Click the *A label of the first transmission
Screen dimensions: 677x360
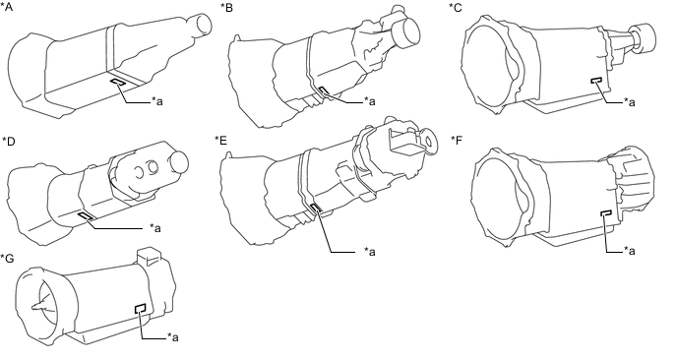point(7,7)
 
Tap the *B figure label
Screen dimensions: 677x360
point(226,8)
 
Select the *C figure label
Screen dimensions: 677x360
point(455,8)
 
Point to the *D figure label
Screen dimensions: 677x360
point(9,141)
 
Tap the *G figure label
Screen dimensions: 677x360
point(7,258)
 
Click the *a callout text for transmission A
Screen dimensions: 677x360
point(157,101)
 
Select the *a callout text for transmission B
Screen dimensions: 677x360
point(370,101)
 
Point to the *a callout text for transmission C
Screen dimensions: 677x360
point(630,102)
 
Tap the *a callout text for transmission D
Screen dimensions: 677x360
point(155,227)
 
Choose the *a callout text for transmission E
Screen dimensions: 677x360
point(370,251)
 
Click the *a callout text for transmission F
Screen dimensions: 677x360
point(630,251)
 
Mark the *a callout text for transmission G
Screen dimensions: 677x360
point(173,336)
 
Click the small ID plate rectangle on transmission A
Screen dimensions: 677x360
point(118,83)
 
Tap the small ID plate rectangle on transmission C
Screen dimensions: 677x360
point(597,81)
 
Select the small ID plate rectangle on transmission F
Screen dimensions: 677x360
point(606,212)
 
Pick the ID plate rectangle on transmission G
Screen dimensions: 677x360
point(141,308)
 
